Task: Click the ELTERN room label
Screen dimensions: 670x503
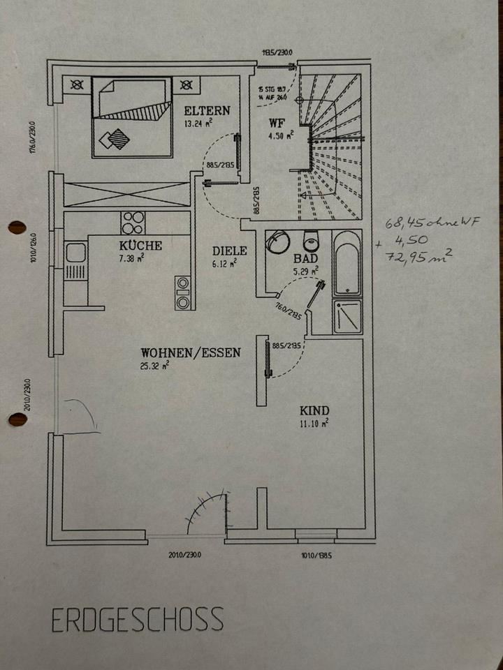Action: pyautogui.click(x=206, y=111)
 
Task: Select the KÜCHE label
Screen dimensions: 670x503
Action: pyautogui.click(x=140, y=246)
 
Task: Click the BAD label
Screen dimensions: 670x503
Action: pyautogui.click(x=308, y=258)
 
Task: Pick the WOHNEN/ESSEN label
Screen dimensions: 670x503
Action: pyautogui.click(x=190, y=352)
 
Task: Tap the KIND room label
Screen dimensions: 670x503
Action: pyautogui.click(x=314, y=410)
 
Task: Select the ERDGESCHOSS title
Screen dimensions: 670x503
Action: pyautogui.click(x=137, y=619)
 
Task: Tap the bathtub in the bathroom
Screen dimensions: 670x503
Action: pyautogui.click(x=347, y=264)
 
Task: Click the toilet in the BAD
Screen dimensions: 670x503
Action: pyautogui.click(x=311, y=241)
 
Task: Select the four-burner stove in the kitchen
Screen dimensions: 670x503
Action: pyautogui.click(x=132, y=223)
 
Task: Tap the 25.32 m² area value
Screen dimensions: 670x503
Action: pyautogui.click(x=154, y=365)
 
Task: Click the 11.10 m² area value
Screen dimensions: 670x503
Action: pyautogui.click(x=314, y=423)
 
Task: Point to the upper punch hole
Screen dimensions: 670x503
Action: pyautogui.click(x=16, y=228)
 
